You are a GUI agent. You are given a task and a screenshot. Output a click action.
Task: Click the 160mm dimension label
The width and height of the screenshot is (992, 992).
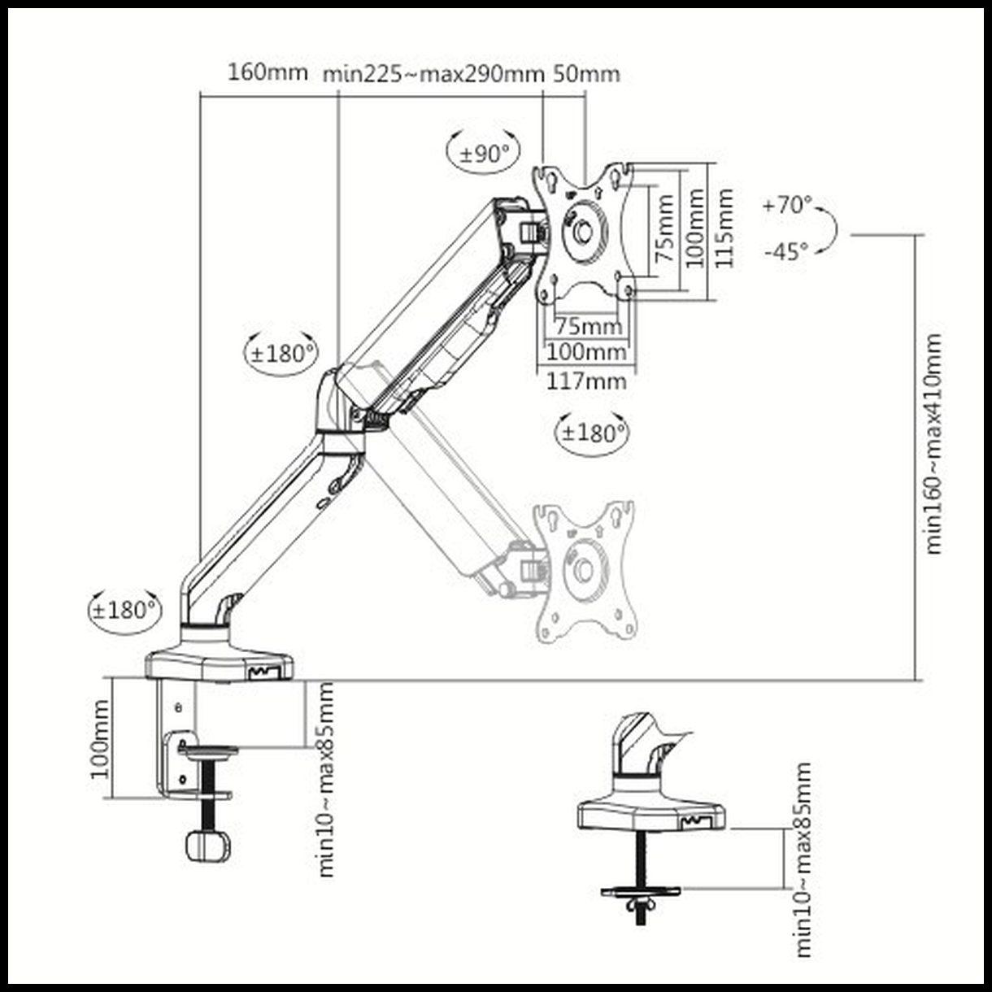(x=268, y=72)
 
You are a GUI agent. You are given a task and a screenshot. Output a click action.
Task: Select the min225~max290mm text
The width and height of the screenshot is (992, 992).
(x=433, y=74)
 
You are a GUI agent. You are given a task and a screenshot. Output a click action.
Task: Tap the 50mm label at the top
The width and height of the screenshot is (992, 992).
(x=586, y=74)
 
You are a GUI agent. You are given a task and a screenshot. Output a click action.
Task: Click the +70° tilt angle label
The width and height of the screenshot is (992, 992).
(x=787, y=205)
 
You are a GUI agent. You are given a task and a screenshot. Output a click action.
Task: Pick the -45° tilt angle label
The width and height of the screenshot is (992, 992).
(x=786, y=251)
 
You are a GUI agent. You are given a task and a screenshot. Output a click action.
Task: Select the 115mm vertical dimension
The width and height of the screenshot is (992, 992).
(x=725, y=228)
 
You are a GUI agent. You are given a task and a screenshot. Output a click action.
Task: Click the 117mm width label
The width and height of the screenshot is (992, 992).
(x=586, y=380)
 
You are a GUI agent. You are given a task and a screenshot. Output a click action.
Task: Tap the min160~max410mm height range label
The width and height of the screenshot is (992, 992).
(x=934, y=443)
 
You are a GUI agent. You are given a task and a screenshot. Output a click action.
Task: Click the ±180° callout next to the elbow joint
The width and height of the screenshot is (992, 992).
(x=281, y=353)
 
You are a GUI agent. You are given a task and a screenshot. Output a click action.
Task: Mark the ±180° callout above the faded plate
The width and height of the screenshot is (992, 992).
(x=592, y=432)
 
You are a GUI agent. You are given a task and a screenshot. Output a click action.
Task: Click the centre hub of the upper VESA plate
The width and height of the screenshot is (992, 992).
(x=583, y=230)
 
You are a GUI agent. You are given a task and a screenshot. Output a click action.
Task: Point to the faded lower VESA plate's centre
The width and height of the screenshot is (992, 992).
(x=583, y=570)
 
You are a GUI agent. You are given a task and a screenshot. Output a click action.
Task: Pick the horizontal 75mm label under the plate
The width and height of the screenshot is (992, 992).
(x=587, y=327)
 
